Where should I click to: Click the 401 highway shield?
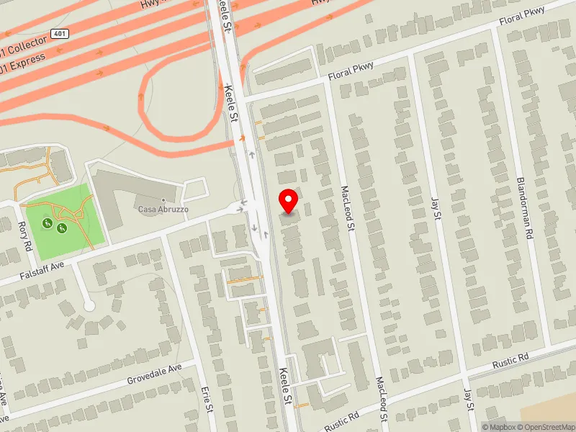coord(60,35)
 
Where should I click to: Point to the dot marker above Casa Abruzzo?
coord(164,199)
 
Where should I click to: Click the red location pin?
coord(289,201)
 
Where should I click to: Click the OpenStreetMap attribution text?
coord(549,427)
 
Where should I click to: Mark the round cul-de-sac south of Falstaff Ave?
coord(89,306)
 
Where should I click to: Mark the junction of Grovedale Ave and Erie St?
coord(195,360)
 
